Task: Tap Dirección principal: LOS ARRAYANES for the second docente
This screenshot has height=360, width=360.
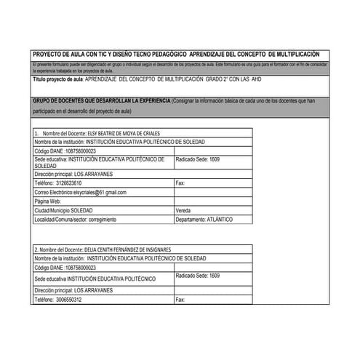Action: (x=73, y=290)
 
